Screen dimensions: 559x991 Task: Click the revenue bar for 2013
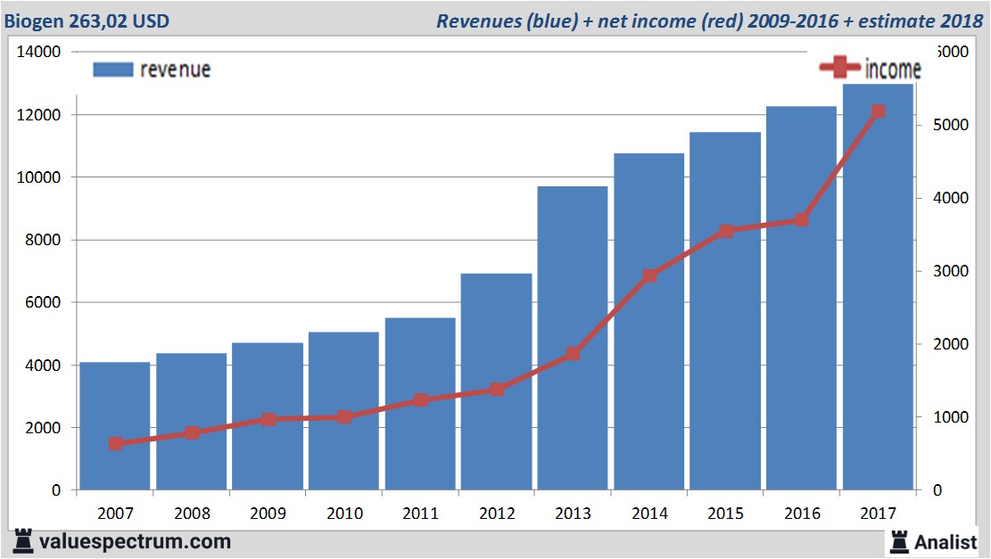tap(573, 339)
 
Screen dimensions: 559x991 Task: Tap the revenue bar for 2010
tap(344, 410)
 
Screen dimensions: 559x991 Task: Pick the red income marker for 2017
tap(878, 111)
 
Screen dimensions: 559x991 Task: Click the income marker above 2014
tap(649, 275)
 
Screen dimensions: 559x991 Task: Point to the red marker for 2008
tap(192, 433)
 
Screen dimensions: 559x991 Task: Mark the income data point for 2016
tap(801, 219)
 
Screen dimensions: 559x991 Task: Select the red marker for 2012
tap(497, 389)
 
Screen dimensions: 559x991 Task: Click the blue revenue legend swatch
tap(112, 70)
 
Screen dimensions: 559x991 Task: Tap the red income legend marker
tap(839, 68)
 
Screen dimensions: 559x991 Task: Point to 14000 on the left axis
tap(38, 53)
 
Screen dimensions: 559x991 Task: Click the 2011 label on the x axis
tap(420, 514)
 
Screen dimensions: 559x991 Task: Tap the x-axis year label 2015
tap(725, 514)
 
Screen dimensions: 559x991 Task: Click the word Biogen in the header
tap(34, 21)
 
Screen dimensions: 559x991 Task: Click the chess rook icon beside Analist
tap(898, 540)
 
